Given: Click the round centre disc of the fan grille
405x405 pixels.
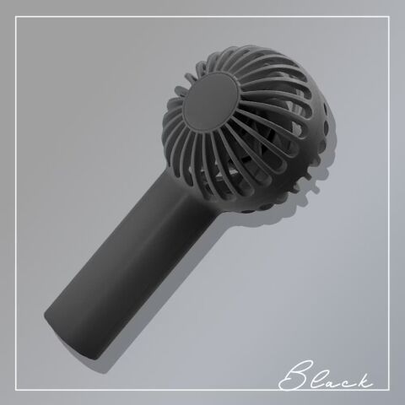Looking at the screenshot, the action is point(212,101).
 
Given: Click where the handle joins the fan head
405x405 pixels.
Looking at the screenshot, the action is point(194,186).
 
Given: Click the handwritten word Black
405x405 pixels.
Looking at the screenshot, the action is point(326,375).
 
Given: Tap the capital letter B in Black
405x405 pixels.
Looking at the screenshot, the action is point(293,375).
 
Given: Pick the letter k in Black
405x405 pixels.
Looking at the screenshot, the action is point(363,380).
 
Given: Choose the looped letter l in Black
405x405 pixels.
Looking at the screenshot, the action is point(319,377).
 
